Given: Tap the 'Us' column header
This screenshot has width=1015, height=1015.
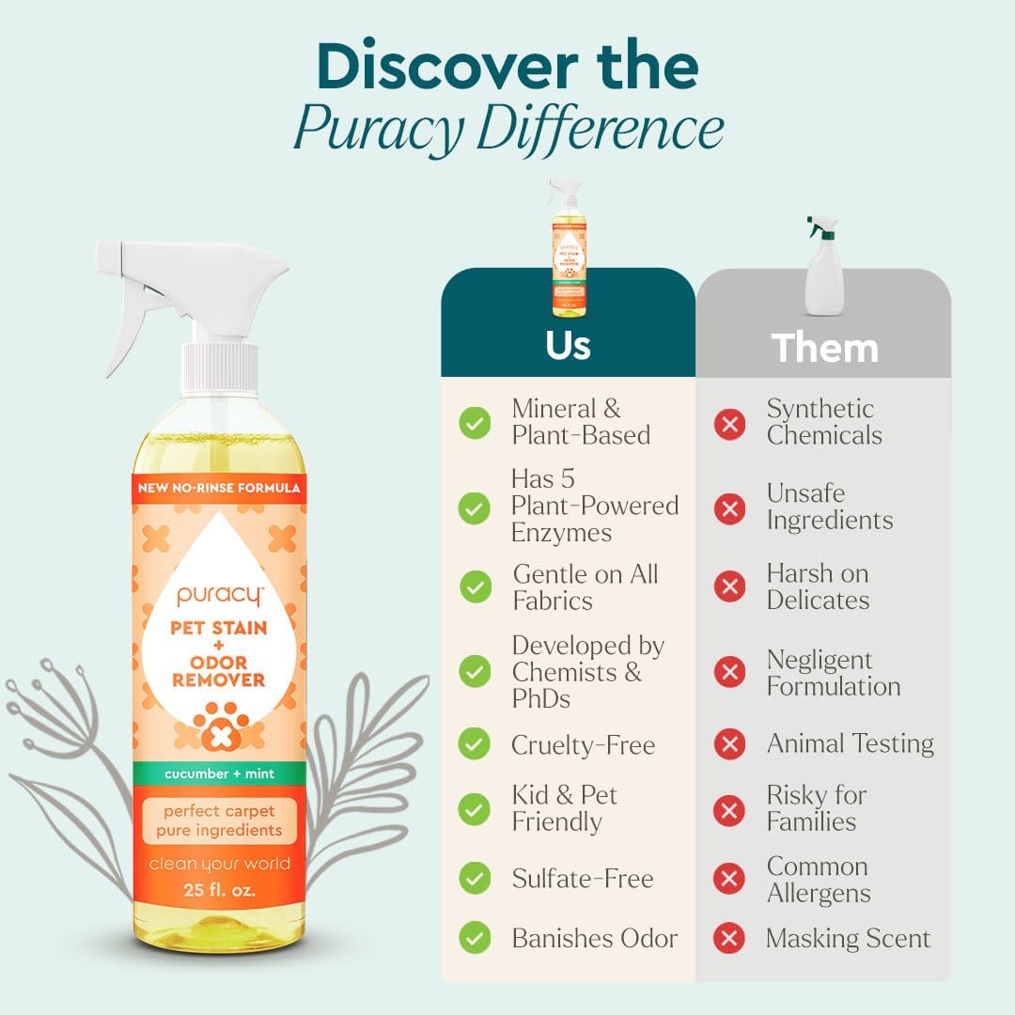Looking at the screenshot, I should click(568, 345).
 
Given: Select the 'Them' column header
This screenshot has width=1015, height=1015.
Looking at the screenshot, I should click(824, 348).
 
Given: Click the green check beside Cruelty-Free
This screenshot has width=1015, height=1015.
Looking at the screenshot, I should click(475, 745).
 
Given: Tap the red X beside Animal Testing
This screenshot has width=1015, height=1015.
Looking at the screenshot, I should click(729, 745).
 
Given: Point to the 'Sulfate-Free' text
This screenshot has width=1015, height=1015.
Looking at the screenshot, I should click(582, 879).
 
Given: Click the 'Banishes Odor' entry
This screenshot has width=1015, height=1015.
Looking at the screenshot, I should click(594, 938).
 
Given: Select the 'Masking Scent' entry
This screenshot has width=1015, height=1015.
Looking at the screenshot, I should click(848, 938).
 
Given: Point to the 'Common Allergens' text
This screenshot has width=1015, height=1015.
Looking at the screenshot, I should click(818, 880).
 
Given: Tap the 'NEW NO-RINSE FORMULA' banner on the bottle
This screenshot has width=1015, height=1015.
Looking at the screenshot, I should click(218, 488).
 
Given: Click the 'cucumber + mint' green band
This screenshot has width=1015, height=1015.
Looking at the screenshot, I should click(218, 773).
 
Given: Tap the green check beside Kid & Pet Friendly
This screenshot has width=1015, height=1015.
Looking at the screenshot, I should click(475, 809).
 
